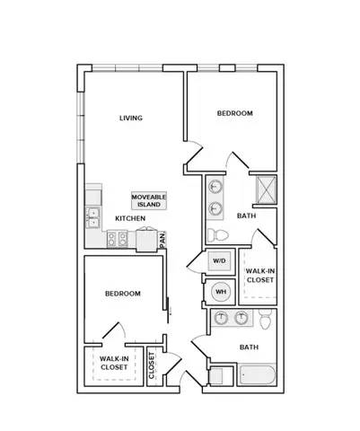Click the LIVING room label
[x=131, y=118]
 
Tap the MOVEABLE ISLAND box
[x=149, y=200]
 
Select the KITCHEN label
[x=130, y=218]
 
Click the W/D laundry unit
[x=219, y=261]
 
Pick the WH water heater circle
[x=221, y=292]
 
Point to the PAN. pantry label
[x=162, y=240]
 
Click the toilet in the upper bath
[x=218, y=235]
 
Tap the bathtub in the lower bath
[x=257, y=374]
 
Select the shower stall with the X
[x=266, y=189]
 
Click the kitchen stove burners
[x=118, y=239]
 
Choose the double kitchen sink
[x=93, y=217]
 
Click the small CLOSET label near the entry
[x=152, y=365]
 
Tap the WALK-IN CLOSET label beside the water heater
[x=260, y=276]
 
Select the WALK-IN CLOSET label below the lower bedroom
[x=114, y=363]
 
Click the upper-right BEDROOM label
[x=235, y=113]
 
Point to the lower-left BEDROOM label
[x=123, y=294]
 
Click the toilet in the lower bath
[x=265, y=320]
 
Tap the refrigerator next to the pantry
[x=146, y=240]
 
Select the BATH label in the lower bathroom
[x=249, y=347]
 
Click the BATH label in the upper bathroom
[x=246, y=215]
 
